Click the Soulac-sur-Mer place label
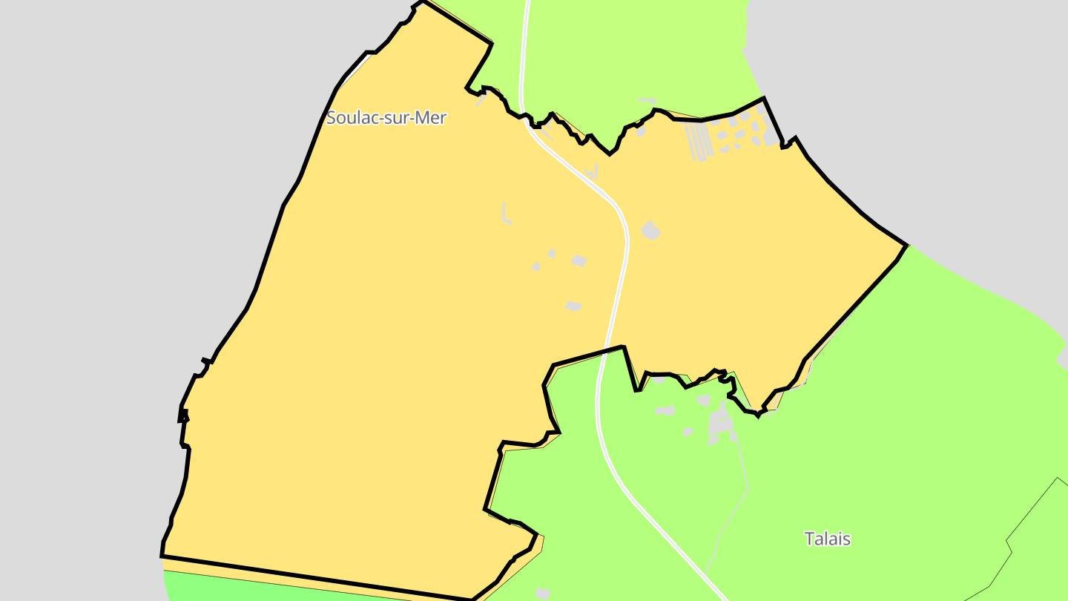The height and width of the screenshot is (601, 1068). click(x=386, y=117)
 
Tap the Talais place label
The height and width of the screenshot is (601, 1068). click(x=827, y=539)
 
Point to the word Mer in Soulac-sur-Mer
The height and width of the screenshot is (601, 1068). click(x=431, y=117)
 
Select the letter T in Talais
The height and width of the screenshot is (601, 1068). click(x=809, y=539)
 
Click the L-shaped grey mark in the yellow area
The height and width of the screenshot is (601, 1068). click(x=506, y=214)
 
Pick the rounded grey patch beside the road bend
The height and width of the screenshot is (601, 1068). click(x=650, y=231)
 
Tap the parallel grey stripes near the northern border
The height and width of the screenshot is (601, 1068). click(x=698, y=141)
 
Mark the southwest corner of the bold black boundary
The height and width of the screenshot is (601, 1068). click(x=162, y=555)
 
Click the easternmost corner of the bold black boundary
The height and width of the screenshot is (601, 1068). click(x=906, y=246)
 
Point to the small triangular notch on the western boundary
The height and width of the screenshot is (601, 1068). click(x=183, y=416)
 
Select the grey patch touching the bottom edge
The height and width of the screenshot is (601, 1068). click(x=543, y=593)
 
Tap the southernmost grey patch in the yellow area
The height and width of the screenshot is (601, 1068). click(x=573, y=306)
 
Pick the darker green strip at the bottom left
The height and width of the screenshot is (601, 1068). click(x=222, y=586)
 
